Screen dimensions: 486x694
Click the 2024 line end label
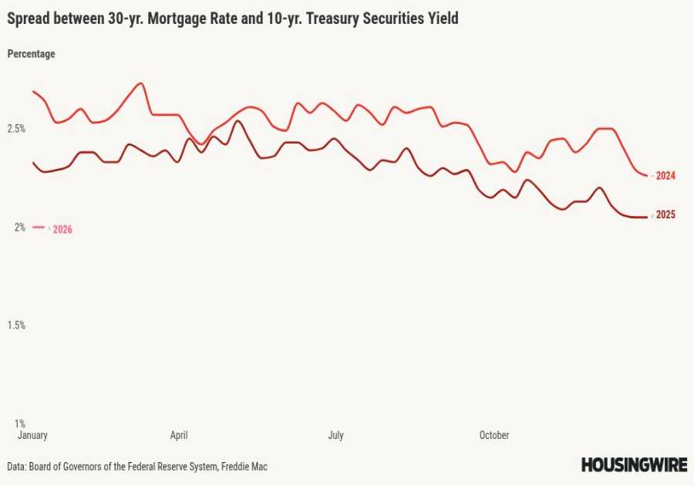665,176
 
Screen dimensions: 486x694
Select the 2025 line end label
665,215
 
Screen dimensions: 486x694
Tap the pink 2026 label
62,230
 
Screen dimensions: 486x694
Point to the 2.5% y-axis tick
16,129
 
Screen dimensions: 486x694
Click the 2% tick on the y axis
19,227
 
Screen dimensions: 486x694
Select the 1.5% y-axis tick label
16,326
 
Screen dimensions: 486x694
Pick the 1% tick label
19,424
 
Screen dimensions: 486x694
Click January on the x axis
32,435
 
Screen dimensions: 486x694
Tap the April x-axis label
179,435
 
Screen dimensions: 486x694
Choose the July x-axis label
335,435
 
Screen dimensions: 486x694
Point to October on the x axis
494,435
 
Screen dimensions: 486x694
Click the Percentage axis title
31,54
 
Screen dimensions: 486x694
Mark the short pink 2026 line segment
39,227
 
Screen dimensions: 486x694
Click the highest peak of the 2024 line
140,83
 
